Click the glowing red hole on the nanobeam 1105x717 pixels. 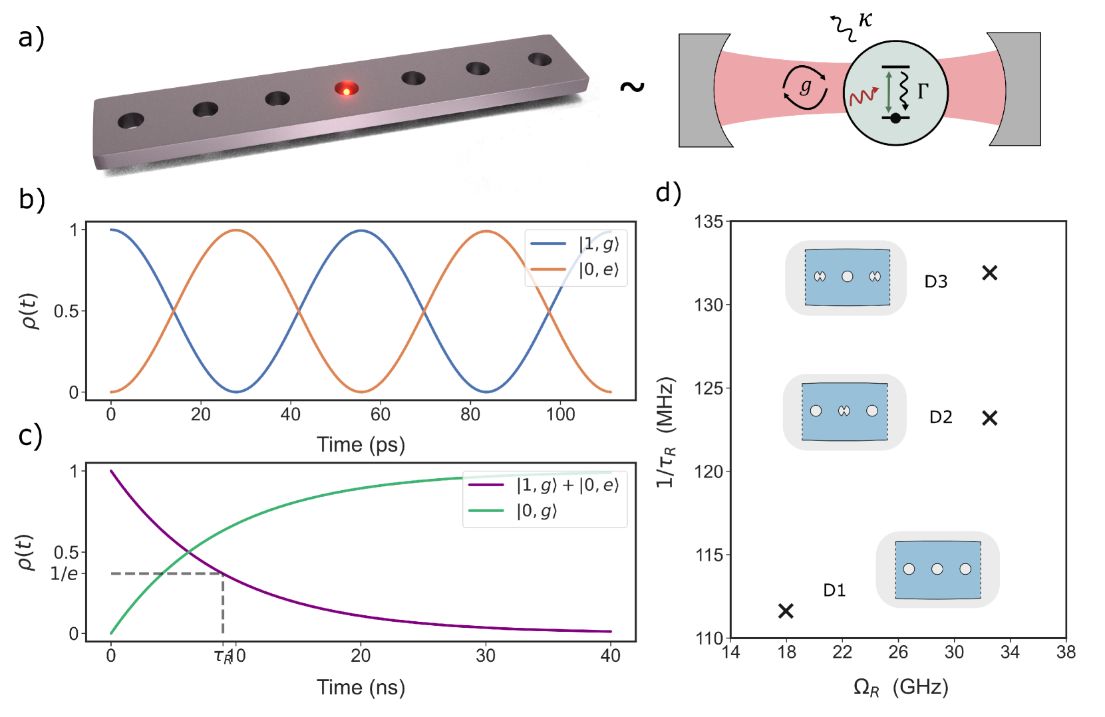pyautogui.click(x=346, y=89)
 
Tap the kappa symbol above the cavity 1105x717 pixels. pyautogui.click(x=865, y=19)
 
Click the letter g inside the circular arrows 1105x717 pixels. pyautogui.click(x=806, y=86)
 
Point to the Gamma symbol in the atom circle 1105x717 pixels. pyautogui.click(x=923, y=91)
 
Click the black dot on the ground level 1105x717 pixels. pyautogui.click(x=895, y=118)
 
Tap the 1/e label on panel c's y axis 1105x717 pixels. pyautogui.click(x=64, y=573)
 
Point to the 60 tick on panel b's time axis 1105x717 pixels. pyautogui.click(x=380, y=414)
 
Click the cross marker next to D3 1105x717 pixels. pyautogui.click(x=989, y=273)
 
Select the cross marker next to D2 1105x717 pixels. pyautogui.click(x=990, y=418)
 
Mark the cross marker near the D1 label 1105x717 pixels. pyautogui.click(x=786, y=611)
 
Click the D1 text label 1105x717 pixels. pyautogui.click(x=834, y=590)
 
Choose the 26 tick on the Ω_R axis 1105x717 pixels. pyautogui.click(x=898, y=652)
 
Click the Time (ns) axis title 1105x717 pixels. pyautogui.click(x=361, y=687)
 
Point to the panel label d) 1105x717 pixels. pyautogui.click(x=669, y=193)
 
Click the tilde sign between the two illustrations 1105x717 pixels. pyautogui.click(x=632, y=86)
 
